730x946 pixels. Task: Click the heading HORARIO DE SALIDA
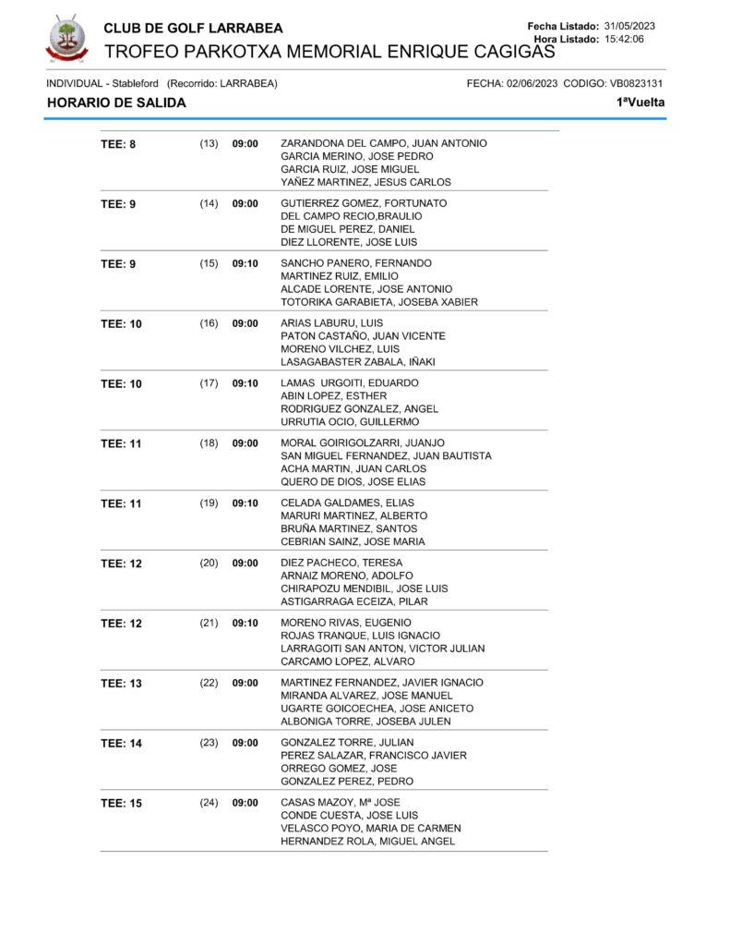[x=116, y=103]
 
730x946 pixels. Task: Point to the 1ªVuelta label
[x=640, y=103]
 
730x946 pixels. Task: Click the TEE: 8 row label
[x=118, y=144]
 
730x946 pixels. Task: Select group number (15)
[x=209, y=263]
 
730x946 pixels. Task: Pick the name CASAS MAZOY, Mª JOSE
[x=341, y=803]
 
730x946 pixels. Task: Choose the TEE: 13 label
[x=121, y=684]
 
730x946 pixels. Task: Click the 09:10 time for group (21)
[x=245, y=623]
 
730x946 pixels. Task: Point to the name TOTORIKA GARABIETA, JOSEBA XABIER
[x=379, y=302]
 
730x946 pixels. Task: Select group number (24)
[x=209, y=803]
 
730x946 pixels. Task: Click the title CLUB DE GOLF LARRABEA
[x=194, y=28]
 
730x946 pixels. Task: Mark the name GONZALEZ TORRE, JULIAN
[x=347, y=743]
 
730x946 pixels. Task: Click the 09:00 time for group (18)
[x=245, y=443]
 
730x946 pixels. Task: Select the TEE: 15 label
[x=121, y=804]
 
